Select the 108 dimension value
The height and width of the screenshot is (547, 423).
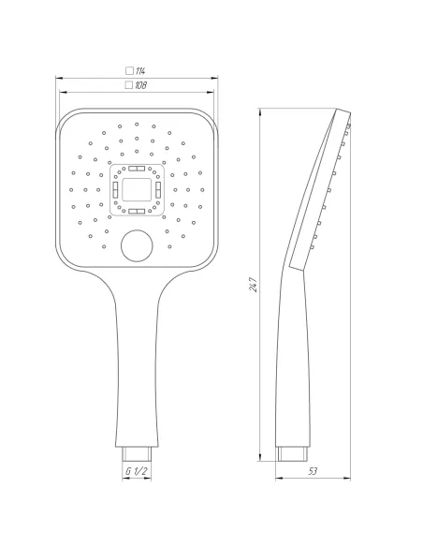(140, 85)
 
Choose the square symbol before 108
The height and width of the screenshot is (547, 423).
(128, 85)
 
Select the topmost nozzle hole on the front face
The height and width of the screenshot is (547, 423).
(137, 122)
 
